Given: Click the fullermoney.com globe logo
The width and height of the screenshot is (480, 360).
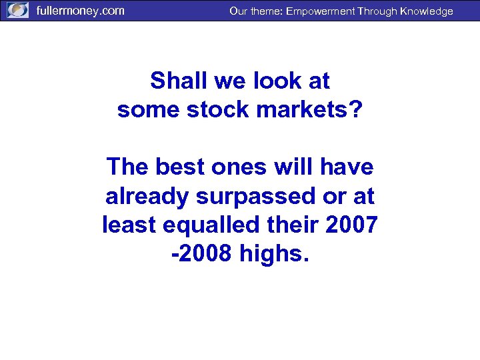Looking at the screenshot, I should point(18,11).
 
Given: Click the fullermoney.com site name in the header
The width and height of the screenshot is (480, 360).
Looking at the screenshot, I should point(80,11).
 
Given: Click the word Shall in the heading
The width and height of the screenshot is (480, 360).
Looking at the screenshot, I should point(176,81).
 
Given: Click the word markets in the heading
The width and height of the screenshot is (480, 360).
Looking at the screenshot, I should point(307,109).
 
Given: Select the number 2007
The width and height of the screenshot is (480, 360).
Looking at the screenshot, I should point(353,225).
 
